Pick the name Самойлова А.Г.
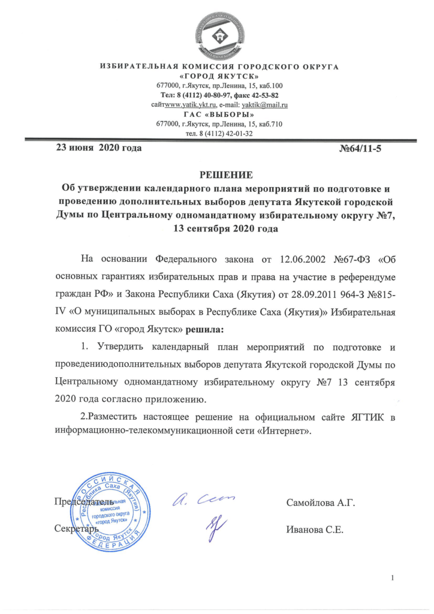pos(321,502)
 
